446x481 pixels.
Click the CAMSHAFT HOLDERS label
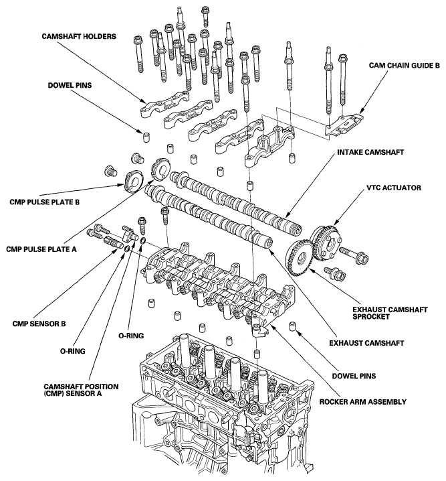(x=79, y=36)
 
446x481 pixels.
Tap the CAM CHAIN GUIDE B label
(x=404, y=66)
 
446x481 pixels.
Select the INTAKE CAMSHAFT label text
(x=370, y=152)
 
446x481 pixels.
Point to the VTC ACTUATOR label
(x=394, y=188)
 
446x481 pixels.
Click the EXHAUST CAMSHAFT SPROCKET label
(x=390, y=313)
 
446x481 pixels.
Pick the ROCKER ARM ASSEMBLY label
(x=362, y=401)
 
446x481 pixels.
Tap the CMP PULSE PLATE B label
(x=44, y=202)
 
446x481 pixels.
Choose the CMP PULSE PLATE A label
(x=41, y=249)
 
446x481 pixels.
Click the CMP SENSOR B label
(x=39, y=324)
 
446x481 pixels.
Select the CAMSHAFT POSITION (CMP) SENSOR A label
(x=81, y=390)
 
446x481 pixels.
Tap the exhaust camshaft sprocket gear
(x=300, y=257)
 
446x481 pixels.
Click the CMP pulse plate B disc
(x=134, y=182)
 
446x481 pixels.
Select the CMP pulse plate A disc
(x=161, y=168)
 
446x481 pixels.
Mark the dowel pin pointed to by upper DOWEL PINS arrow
(x=146, y=137)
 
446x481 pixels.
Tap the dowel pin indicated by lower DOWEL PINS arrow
(x=293, y=327)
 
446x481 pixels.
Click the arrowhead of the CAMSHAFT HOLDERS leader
(x=144, y=101)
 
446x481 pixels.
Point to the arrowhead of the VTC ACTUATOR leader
(x=335, y=223)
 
